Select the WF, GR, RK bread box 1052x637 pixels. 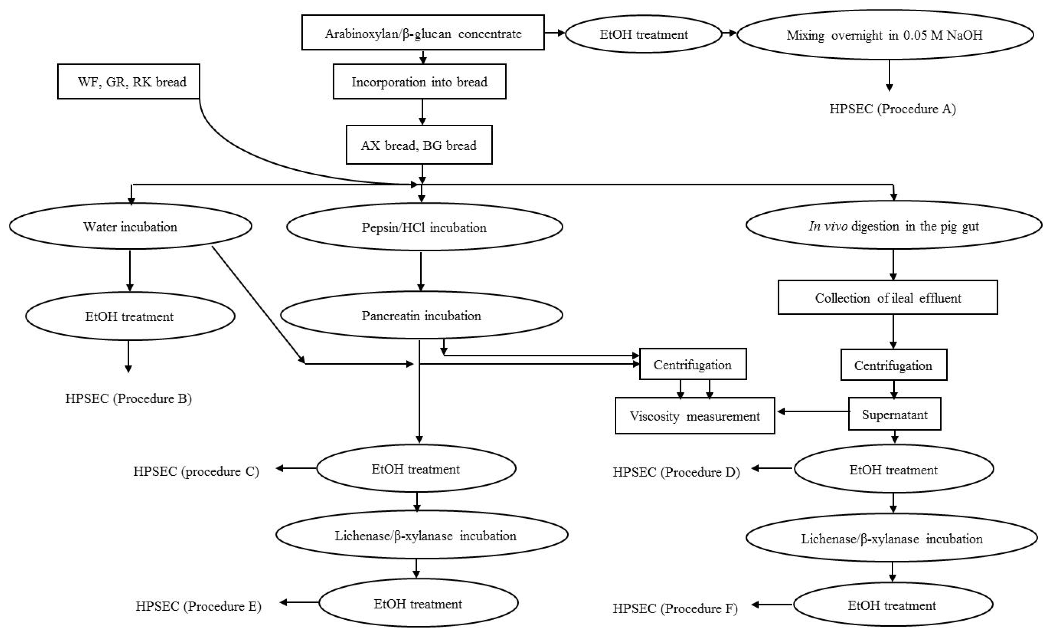pos(129,82)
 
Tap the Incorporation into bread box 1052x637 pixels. pos(419,82)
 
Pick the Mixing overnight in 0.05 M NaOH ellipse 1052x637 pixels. pos(885,35)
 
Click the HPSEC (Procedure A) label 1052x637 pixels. pos(892,109)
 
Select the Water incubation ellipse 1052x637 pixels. pos(130,227)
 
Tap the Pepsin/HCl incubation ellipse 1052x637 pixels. pos(424,227)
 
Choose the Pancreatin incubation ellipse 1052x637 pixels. pos(421,315)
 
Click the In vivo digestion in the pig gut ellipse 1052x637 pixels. pos(894,226)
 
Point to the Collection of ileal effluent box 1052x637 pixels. pos(888,298)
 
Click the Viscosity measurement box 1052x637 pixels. pos(695,416)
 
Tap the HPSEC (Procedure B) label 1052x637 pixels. pos(128,399)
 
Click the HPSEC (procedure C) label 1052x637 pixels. pos(196,471)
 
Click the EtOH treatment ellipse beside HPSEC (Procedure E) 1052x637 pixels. pos(418,604)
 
